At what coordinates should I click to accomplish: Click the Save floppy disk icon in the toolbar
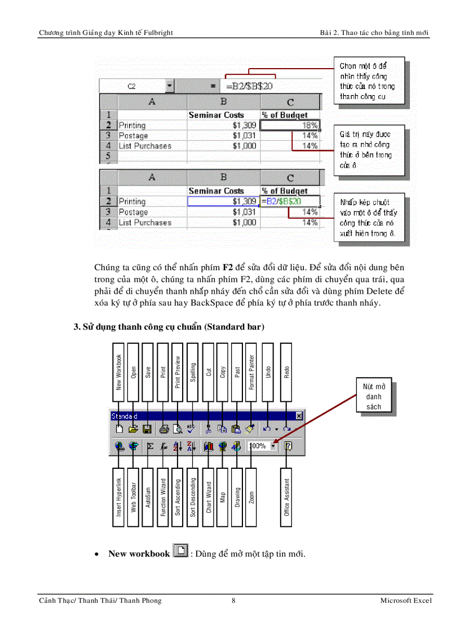pyautogui.click(x=147, y=429)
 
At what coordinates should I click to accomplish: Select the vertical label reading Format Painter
pyautogui.click(x=252, y=372)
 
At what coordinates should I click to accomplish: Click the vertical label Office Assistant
pyautogui.click(x=287, y=497)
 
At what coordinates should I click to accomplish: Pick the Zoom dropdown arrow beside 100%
pyautogui.click(x=273, y=446)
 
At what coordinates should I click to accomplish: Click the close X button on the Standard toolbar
pyautogui.click(x=299, y=416)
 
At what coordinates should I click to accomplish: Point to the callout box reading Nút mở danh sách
pyautogui.click(x=373, y=397)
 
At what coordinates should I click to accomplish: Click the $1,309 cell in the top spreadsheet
pyautogui.click(x=224, y=125)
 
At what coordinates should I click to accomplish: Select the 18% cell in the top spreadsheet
pyautogui.click(x=291, y=125)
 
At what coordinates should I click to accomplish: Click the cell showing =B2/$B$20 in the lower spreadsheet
pyautogui.click(x=290, y=201)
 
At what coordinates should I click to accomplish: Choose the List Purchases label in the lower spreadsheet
pyautogui.click(x=145, y=222)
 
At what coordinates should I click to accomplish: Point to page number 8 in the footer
pyautogui.click(x=233, y=600)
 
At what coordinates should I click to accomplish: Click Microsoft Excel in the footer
pyautogui.click(x=405, y=600)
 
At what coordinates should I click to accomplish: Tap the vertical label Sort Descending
pyautogui.click(x=193, y=497)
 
